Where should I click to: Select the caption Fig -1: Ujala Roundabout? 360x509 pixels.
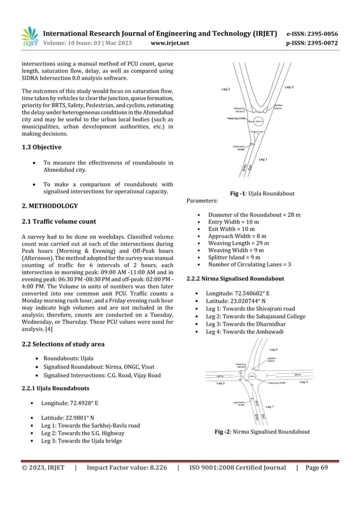262,194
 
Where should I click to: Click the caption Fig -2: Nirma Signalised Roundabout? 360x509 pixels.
262,432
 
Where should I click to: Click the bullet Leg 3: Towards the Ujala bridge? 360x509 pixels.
81,441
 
